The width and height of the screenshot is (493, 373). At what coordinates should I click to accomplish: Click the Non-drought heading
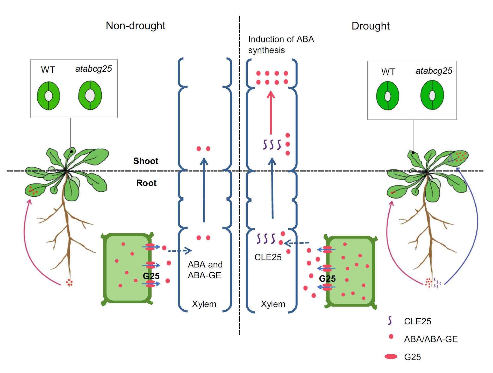(x=135, y=26)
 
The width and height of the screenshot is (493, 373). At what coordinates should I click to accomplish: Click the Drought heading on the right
(x=370, y=26)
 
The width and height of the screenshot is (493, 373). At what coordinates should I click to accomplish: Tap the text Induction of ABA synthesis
(x=281, y=44)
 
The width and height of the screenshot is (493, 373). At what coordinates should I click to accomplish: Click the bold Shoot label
(x=146, y=161)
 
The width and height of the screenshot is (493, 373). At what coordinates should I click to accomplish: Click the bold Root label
(x=146, y=183)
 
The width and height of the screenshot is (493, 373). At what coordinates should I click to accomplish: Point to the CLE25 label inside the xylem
(x=268, y=257)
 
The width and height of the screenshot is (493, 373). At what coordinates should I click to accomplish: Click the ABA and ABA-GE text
(x=205, y=270)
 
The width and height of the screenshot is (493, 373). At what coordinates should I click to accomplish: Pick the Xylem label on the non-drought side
(x=204, y=304)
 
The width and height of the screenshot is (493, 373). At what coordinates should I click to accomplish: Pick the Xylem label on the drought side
(x=273, y=304)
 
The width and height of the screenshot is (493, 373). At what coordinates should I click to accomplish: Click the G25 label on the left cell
(x=151, y=276)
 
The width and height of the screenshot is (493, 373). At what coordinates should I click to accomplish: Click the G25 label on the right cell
(x=327, y=279)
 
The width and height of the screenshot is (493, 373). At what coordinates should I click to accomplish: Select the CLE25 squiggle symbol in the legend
(x=390, y=321)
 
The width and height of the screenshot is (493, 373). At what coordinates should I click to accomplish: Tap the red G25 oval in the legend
(x=391, y=357)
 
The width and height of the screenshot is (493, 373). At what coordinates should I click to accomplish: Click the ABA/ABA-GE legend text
(x=431, y=339)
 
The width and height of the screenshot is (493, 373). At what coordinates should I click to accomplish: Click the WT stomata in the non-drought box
(x=48, y=96)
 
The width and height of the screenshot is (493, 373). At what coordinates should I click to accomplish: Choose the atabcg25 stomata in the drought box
(x=432, y=95)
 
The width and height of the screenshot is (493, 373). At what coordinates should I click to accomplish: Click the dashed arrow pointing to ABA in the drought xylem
(x=296, y=243)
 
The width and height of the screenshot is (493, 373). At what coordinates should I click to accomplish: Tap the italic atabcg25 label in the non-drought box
(x=94, y=69)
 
